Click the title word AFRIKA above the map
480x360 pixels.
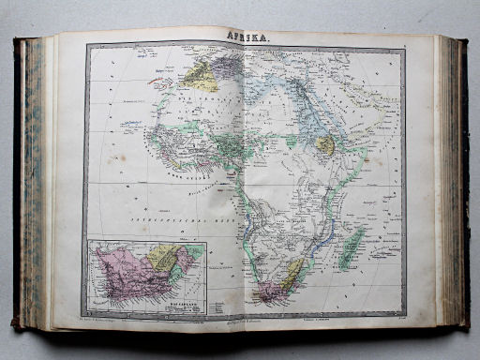[x=245, y=37]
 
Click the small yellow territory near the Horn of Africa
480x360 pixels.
[x=324, y=144]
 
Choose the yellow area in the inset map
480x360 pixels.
[x=165, y=256]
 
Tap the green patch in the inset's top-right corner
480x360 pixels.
[x=192, y=252]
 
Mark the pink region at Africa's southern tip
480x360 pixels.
[x=273, y=292]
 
